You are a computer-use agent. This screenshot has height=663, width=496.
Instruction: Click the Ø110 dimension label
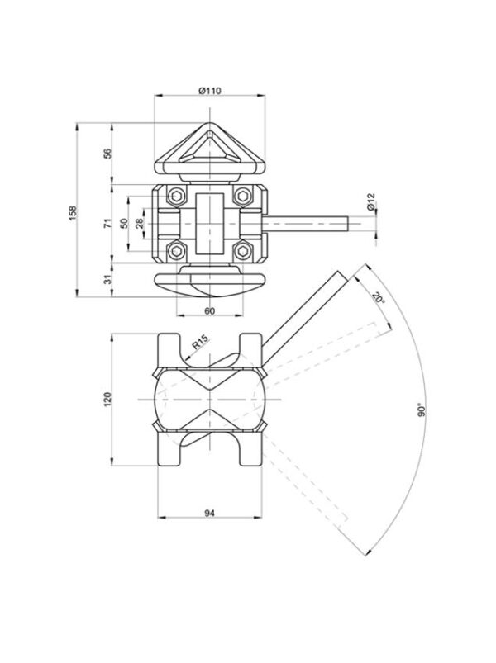click(209, 91)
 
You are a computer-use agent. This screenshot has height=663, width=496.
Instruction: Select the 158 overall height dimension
click(73, 212)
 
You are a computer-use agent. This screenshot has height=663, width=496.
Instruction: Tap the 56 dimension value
click(109, 153)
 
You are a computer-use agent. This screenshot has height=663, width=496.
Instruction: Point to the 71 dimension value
click(109, 223)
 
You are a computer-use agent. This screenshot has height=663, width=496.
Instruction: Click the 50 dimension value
click(123, 223)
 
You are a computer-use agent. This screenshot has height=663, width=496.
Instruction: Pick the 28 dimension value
click(139, 223)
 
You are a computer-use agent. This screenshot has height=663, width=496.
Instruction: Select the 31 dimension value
click(109, 280)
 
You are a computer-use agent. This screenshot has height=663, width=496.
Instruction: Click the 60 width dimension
click(209, 310)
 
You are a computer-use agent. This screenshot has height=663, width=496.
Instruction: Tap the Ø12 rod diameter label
click(370, 202)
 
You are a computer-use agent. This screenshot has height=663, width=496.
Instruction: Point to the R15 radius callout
click(200, 343)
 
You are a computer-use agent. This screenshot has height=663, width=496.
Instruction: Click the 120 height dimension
click(107, 400)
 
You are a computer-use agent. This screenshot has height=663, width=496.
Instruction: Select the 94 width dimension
click(209, 513)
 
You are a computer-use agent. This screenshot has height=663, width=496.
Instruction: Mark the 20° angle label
click(379, 298)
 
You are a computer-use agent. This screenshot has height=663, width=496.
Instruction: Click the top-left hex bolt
click(176, 196)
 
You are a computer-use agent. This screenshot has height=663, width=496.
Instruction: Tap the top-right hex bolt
click(242, 196)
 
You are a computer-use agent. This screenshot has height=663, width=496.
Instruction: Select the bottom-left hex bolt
click(176, 251)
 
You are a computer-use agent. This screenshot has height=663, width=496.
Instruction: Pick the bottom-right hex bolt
click(242, 251)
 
